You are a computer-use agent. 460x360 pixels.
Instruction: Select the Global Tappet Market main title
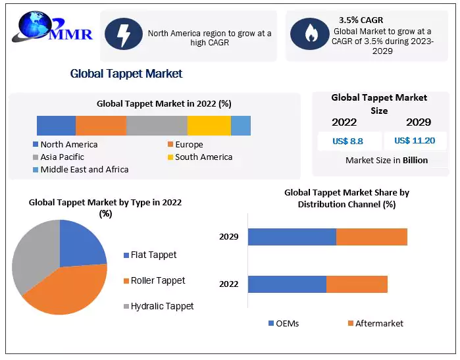point(126,73)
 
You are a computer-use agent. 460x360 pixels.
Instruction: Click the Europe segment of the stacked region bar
point(101,125)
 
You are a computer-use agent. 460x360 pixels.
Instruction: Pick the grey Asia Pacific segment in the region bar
point(157,125)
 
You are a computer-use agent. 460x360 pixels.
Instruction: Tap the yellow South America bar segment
point(209,125)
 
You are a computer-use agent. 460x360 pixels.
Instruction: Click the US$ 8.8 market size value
point(349,140)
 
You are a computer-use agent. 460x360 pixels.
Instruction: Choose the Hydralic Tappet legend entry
point(162,305)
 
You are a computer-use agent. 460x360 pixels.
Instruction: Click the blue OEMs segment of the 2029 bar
point(292,237)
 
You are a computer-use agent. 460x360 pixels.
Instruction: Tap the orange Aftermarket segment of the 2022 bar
point(357,284)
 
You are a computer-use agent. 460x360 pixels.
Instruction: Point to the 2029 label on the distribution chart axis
point(229,237)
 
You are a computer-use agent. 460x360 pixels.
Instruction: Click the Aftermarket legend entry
point(379,323)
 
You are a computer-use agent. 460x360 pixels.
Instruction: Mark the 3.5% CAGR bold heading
point(361,20)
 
